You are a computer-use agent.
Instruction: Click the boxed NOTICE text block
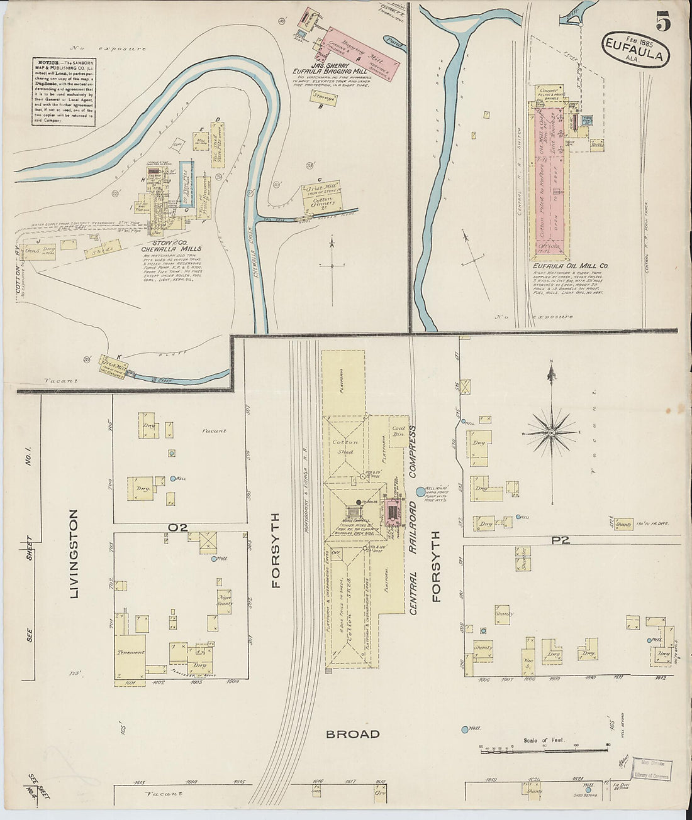click(x=64, y=92)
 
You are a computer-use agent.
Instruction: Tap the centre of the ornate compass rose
click(x=551, y=432)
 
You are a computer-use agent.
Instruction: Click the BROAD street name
click(x=352, y=734)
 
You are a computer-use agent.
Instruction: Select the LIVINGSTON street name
click(x=74, y=554)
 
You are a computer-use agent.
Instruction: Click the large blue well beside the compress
click(x=421, y=491)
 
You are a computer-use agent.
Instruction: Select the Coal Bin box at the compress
click(x=398, y=431)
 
